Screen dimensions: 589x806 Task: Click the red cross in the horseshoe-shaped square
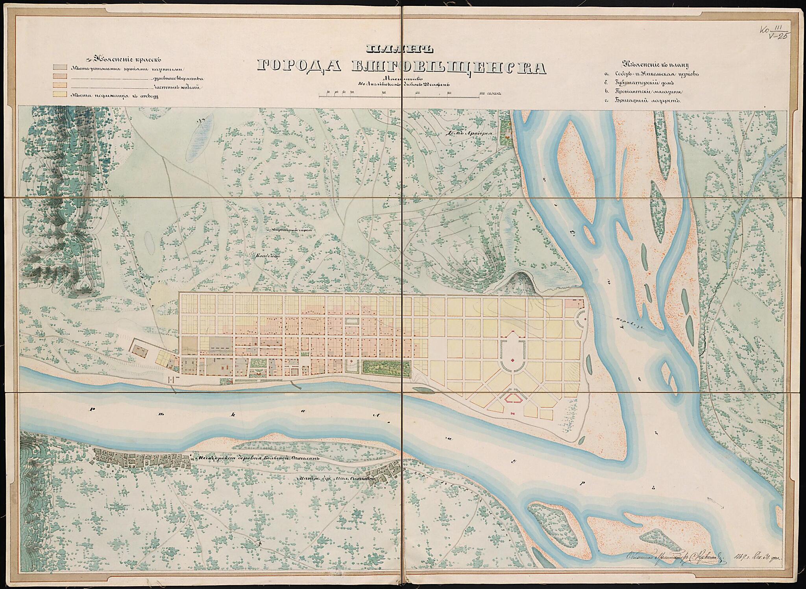click(513, 360)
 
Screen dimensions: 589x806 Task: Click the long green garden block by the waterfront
click(386, 368)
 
